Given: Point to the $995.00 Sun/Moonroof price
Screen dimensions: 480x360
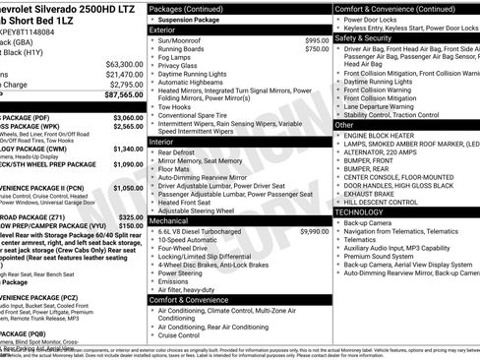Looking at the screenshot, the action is [x=317, y=39].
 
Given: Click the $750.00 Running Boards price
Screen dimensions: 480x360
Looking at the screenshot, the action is [x=317, y=48].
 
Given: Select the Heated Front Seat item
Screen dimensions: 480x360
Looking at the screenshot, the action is [x=187, y=202].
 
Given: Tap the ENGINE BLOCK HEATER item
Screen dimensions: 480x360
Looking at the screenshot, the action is [x=387, y=135].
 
